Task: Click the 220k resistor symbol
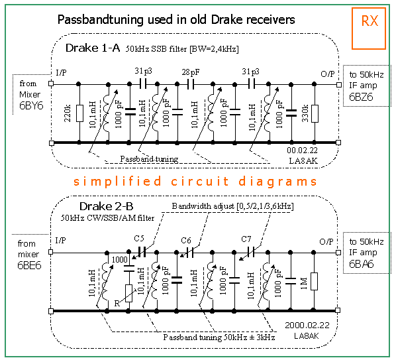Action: click(x=79, y=113)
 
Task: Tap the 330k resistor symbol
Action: click(x=315, y=114)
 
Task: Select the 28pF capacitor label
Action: click(x=191, y=72)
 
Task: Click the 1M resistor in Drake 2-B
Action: click(x=314, y=281)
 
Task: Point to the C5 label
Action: click(x=139, y=238)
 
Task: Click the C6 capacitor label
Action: click(x=186, y=241)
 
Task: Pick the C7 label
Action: click(x=246, y=239)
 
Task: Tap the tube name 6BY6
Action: click(x=31, y=106)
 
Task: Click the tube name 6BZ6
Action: click(x=361, y=97)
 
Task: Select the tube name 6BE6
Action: click(x=29, y=265)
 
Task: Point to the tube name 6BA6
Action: click(x=362, y=264)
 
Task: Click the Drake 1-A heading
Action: click(x=93, y=48)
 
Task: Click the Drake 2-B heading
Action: click(x=107, y=206)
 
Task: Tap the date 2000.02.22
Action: click(x=307, y=326)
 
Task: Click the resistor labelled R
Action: click(x=128, y=293)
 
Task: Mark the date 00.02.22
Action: click(x=302, y=150)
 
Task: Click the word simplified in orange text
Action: click(x=117, y=182)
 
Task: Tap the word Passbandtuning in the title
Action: click(x=101, y=20)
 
